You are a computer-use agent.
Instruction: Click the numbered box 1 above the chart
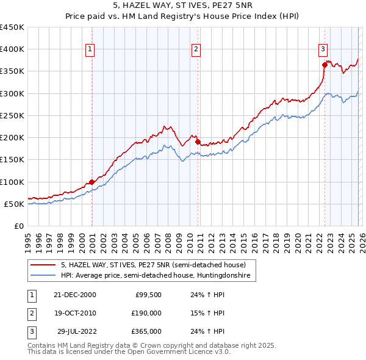[x=90, y=49]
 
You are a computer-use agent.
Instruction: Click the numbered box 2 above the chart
[x=196, y=49]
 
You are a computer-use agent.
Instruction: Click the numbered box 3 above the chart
[x=323, y=49]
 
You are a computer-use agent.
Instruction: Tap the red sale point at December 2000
[x=91, y=182]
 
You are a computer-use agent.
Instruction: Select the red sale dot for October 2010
[x=198, y=142]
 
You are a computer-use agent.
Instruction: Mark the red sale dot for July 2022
[x=325, y=65]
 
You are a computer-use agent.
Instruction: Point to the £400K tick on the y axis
[x=12, y=49]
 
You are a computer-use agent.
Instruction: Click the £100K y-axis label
[x=12, y=182]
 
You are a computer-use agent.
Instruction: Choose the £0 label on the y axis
[x=18, y=226]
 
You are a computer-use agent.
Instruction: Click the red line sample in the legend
[x=43, y=265]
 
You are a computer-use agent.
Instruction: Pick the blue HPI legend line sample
[x=43, y=276]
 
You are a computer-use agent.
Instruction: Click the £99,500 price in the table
[x=148, y=294]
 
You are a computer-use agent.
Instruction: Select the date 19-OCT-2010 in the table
[x=75, y=313]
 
